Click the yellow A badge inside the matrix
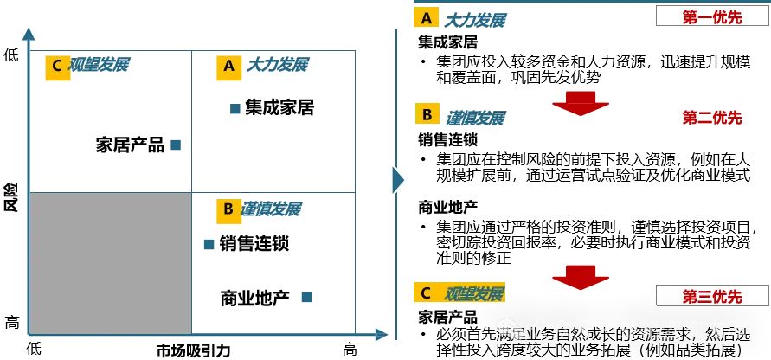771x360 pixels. pyautogui.click(x=228, y=66)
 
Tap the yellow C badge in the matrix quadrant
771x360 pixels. pyautogui.click(x=57, y=66)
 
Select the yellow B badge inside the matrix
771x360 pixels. pyautogui.click(x=228, y=209)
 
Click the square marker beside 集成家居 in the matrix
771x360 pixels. pyautogui.click(x=234, y=108)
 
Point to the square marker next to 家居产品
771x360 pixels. pyautogui.click(x=176, y=145)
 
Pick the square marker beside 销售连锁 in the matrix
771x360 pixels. pyautogui.click(x=209, y=245)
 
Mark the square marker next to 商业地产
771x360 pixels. pyautogui.click(x=306, y=297)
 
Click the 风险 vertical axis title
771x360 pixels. pyautogui.click(x=11, y=197)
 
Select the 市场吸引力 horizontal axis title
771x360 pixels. pyautogui.click(x=193, y=350)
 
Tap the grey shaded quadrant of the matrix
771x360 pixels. pyautogui.click(x=110, y=263)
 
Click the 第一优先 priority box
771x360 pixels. pyautogui.click(x=711, y=16)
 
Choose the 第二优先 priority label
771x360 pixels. pyautogui.click(x=711, y=118)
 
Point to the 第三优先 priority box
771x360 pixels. pyautogui.click(x=711, y=297)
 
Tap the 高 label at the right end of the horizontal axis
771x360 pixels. pyautogui.click(x=350, y=349)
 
